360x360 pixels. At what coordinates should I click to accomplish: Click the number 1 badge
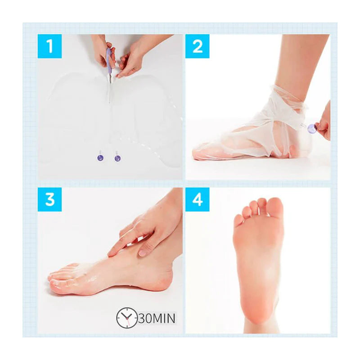[50, 46]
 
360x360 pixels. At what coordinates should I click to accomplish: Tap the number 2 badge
[198, 46]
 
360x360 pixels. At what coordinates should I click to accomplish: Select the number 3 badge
[50, 199]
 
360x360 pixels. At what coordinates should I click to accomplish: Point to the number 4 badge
[198, 199]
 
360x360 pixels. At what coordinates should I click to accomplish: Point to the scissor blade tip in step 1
[109, 101]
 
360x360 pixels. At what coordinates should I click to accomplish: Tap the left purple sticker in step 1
[100, 157]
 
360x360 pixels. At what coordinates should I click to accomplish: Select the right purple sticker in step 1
[117, 158]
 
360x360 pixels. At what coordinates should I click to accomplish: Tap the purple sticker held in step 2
[310, 128]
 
